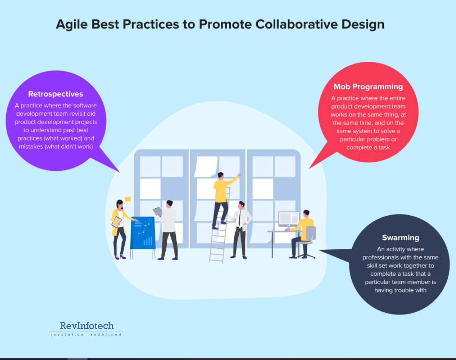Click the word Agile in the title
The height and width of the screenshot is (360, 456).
click(72, 24)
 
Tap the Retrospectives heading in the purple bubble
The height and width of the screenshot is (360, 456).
click(56, 94)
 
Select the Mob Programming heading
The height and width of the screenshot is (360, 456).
click(368, 87)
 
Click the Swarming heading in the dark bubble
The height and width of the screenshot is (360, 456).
click(400, 238)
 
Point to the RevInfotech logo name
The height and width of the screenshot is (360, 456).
click(87, 326)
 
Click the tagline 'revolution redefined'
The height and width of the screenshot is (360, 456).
click(86, 334)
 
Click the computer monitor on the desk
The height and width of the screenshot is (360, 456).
click(289, 219)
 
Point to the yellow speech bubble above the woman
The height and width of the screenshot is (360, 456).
click(128, 199)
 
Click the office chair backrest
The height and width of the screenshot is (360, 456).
click(311, 233)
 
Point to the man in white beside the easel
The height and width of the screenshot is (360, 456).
click(169, 228)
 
